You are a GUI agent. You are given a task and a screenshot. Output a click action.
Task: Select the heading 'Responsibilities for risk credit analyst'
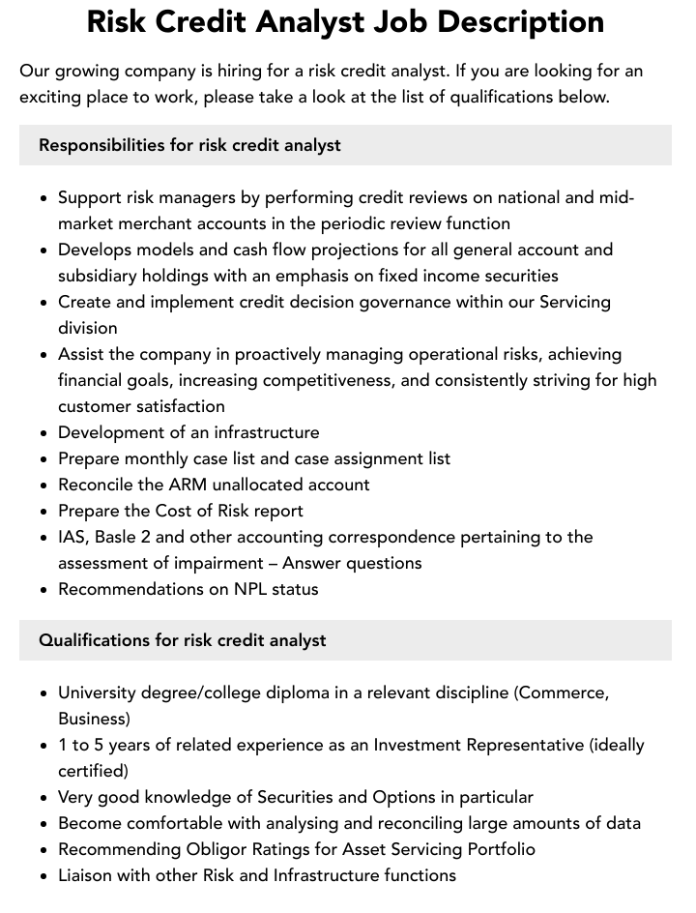point(189,145)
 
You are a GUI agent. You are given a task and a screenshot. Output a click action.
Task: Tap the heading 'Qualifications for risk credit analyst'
point(182,640)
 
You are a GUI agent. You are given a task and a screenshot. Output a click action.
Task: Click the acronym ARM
point(180,485)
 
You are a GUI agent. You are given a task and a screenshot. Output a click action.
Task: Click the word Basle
point(123,537)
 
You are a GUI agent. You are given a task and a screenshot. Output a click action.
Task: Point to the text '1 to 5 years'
point(105,745)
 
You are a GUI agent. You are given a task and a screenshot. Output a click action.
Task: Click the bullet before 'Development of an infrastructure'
point(44,433)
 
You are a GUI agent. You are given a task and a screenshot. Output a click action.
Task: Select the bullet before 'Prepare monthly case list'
point(44,459)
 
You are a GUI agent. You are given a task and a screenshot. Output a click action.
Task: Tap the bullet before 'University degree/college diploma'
point(44,693)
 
